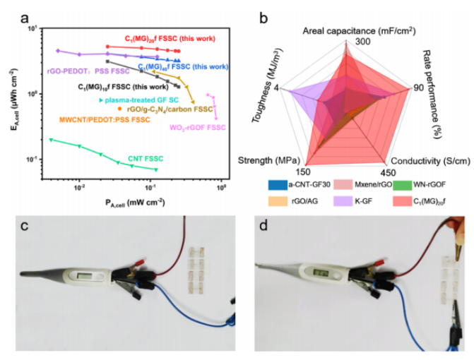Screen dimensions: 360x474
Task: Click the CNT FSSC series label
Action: point(146,158)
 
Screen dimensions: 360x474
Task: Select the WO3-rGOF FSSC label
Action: point(197,128)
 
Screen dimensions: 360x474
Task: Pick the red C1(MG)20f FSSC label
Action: point(170,38)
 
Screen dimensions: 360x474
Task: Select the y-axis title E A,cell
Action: point(15,98)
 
